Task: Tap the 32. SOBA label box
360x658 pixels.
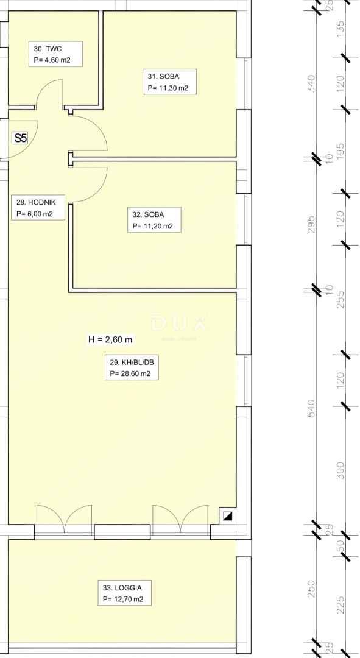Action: [x=156, y=220]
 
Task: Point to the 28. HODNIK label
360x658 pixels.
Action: [x=36, y=208]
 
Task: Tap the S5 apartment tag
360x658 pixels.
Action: [x=21, y=138]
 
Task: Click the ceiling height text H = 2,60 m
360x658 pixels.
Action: [x=110, y=340]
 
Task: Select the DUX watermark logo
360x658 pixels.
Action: [x=179, y=324]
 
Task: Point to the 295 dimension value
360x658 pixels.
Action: [x=312, y=221]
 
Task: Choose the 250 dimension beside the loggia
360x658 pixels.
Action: [x=312, y=589]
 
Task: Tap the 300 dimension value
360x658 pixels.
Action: [x=341, y=470]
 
